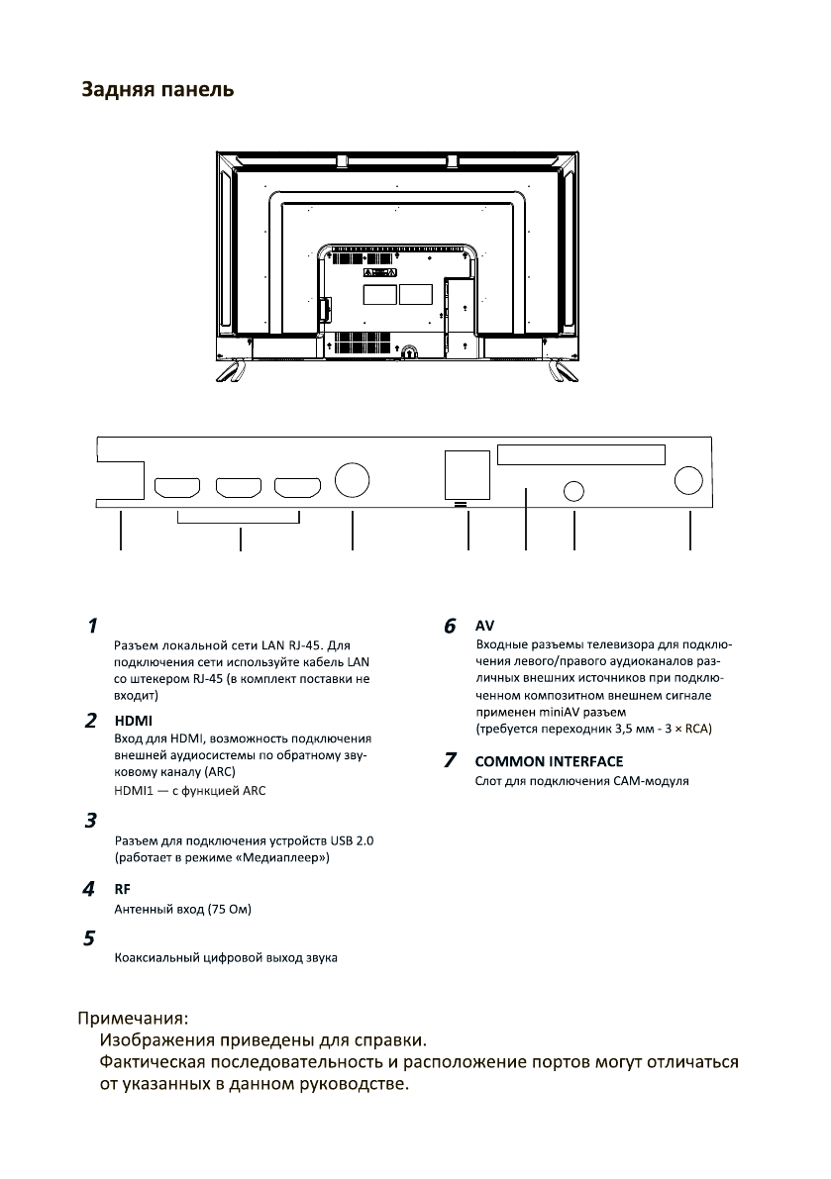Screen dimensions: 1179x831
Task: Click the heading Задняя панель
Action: pyautogui.click(x=157, y=90)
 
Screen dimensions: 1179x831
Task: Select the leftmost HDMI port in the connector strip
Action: pyautogui.click(x=177, y=487)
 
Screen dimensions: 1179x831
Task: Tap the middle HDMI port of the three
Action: pyautogui.click(x=239, y=487)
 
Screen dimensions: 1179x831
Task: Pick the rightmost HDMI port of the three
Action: pyautogui.click(x=299, y=487)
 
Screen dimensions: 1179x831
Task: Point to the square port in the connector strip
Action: pyautogui.click(x=466, y=474)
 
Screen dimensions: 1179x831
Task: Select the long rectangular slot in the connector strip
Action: pyautogui.click(x=580, y=454)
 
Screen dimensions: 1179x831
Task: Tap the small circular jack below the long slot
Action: pyautogui.click(x=574, y=489)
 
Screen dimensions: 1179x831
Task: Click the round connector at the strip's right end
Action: pyautogui.click(x=689, y=480)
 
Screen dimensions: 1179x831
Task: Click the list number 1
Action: pyautogui.click(x=91, y=626)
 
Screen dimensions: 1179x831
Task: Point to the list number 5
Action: pyautogui.click(x=90, y=937)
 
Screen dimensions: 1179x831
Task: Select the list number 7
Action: pyautogui.click(x=451, y=761)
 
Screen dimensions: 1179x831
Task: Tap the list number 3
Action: pyautogui.click(x=90, y=821)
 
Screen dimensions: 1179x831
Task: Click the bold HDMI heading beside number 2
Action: pyautogui.click(x=133, y=720)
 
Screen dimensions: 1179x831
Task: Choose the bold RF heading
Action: pyautogui.click(x=124, y=888)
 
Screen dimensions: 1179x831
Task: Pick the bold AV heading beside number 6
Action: pyautogui.click(x=484, y=626)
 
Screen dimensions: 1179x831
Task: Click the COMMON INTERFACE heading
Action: pyautogui.click(x=549, y=761)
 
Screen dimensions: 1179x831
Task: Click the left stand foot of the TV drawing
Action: pyautogui.click(x=229, y=371)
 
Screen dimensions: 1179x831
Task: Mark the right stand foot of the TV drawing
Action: pyautogui.click(x=566, y=371)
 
